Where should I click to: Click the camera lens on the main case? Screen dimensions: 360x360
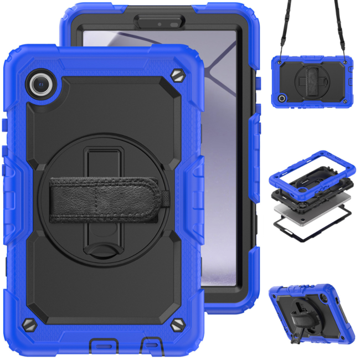pos(42,84)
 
